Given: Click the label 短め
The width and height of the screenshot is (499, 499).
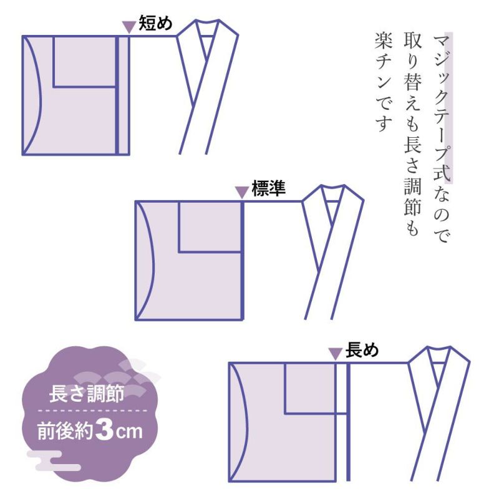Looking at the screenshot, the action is [x=155, y=23].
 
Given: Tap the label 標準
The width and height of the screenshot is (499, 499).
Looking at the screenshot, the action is [x=269, y=188].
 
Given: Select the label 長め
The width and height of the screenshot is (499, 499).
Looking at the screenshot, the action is [x=362, y=350].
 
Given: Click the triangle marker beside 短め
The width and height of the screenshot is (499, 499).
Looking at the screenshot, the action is [x=129, y=27].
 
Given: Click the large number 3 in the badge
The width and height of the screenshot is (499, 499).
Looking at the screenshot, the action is [x=104, y=430].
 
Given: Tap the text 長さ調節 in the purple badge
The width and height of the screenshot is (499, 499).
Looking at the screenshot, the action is [x=87, y=394].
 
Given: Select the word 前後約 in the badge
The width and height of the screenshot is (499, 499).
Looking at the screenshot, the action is [x=65, y=431].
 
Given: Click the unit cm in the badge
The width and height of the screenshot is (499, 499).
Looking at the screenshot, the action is [x=129, y=432].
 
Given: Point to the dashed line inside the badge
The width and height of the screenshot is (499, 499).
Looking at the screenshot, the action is [x=92, y=410].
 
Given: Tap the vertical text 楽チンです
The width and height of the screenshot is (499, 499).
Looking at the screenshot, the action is [x=384, y=82].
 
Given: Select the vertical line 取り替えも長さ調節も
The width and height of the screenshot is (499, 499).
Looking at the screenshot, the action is [x=413, y=133].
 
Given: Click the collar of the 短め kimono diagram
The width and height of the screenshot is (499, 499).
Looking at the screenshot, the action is [x=207, y=87].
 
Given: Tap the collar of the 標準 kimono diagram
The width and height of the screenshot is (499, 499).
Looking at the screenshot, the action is [x=332, y=251].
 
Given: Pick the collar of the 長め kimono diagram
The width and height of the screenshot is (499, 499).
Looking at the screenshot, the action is [x=438, y=413].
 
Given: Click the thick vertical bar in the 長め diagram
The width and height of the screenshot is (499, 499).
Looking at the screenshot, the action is [x=348, y=422].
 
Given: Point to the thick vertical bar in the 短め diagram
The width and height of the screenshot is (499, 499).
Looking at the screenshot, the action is [x=117, y=95].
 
